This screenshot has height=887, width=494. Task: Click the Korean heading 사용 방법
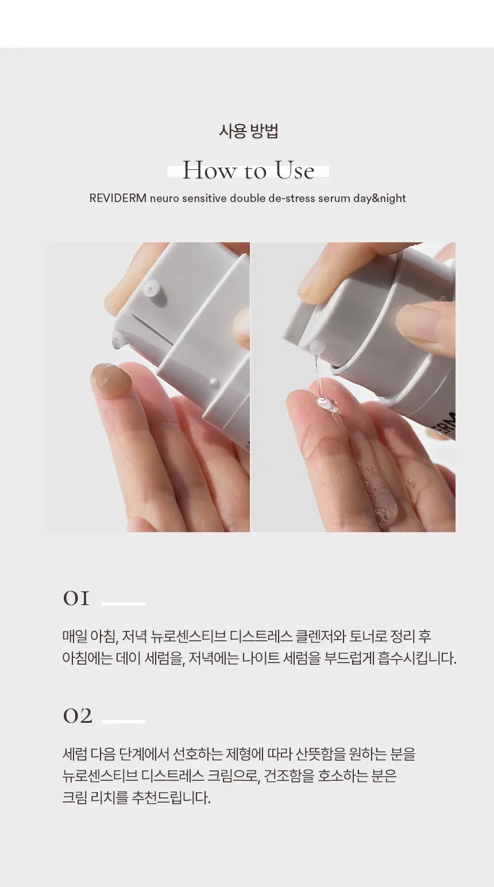[x=248, y=131]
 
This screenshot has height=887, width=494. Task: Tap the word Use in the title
[x=294, y=171]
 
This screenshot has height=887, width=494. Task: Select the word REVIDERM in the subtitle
[x=118, y=198]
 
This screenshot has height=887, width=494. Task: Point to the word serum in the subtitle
[x=333, y=198]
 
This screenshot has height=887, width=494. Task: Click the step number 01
[x=76, y=599]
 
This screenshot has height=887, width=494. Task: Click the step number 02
[x=77, y=716]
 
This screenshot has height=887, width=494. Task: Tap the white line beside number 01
[x=123, y=603]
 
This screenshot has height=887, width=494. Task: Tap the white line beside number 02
[x=123, y=721]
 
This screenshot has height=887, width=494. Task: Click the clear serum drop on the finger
[x=325, y=405]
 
